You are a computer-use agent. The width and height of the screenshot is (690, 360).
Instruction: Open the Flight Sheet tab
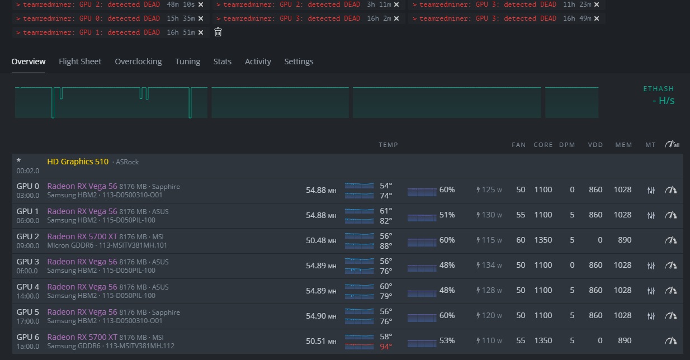coord(80,61)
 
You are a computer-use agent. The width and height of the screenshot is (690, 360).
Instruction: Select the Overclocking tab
coord(138,61)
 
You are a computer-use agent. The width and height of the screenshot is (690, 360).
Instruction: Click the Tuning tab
coord(187,61)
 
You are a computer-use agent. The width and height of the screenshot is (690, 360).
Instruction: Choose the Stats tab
coord(222,61)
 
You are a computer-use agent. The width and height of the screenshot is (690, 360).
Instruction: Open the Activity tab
coord(258,61)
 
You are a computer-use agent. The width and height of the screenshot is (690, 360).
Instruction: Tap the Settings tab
coord(299,61)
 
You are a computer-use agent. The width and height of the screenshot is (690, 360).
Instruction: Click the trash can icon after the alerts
coord(218,32)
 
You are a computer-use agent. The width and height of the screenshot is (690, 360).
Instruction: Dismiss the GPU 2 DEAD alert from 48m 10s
coord(200,4)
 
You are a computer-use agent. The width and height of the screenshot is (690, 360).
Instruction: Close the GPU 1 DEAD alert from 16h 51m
coord(200,32)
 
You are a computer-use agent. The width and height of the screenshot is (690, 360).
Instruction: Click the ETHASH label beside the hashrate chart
coord(658,89)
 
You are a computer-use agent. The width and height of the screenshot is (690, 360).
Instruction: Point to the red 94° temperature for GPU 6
coord(386,347)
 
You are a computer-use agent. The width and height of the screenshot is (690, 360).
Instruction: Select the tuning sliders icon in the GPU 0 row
coord(650,190)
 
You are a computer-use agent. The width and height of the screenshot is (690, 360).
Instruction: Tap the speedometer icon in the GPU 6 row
coord(670,340)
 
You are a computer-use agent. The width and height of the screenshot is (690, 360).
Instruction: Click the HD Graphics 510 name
coord(78,162)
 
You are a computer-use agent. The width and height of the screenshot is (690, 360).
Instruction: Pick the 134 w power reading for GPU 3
coord(489,265)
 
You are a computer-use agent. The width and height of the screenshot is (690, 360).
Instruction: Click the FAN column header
coord(518,145)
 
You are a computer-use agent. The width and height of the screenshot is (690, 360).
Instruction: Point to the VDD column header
coord(595,145)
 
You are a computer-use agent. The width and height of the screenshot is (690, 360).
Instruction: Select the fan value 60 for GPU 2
coord(521,240)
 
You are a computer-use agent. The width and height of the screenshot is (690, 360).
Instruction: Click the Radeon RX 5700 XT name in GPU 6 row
coord(82,337)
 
